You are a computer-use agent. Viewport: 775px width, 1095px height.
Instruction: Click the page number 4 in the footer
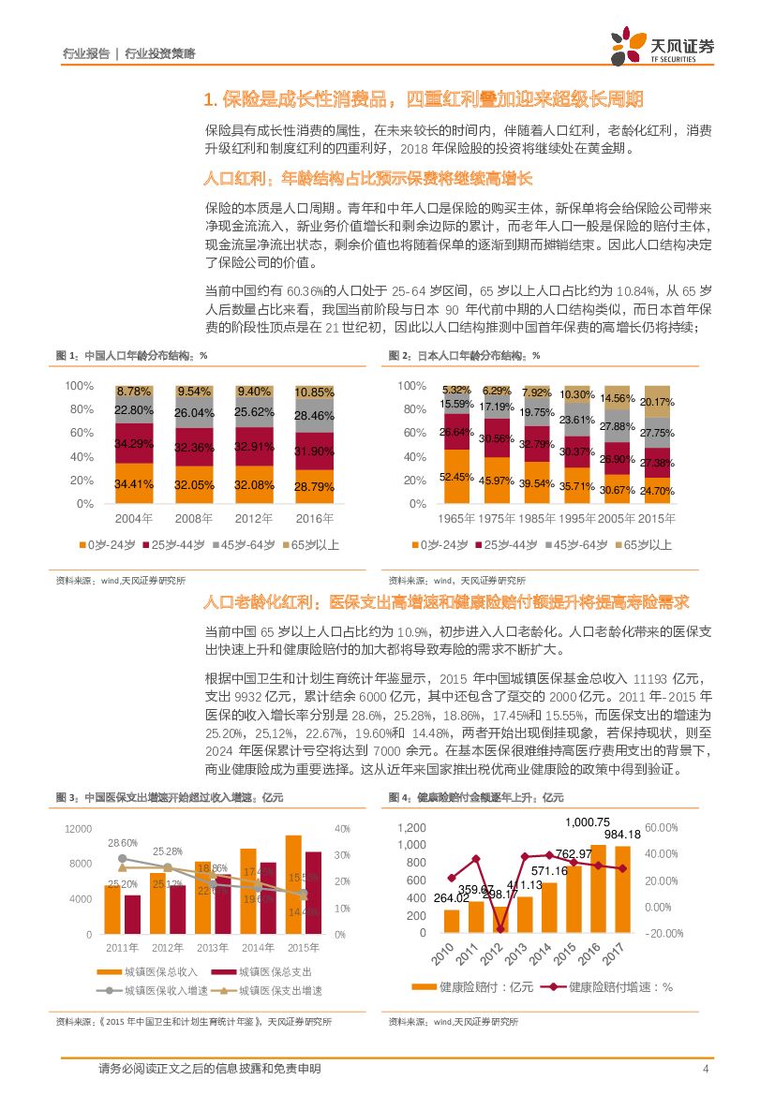click(704, 1069)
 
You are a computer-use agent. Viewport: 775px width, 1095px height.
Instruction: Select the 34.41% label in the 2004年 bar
click(134, 485)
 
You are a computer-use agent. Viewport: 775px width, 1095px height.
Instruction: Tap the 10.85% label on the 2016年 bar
click(314, 392)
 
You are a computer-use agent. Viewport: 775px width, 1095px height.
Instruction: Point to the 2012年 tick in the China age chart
click(254, 518)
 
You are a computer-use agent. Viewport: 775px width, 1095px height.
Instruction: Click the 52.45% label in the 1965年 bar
click(456, 478)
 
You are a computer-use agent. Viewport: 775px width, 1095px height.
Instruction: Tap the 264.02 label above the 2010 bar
click(451, 899)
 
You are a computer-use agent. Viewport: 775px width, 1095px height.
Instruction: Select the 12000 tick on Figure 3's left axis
click(79, 829)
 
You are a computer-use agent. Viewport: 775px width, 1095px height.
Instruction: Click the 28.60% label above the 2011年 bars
click(123, 843)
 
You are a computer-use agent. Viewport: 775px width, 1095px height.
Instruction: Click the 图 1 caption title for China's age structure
click(131, 356)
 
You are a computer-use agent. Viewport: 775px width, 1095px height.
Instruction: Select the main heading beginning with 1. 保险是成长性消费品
click(424, 99)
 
